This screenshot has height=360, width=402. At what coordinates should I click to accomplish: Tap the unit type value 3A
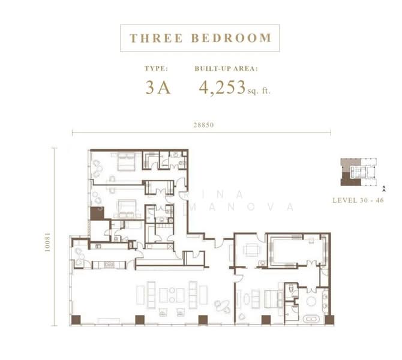pos(158,88)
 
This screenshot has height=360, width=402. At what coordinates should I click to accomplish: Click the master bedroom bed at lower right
pos(274,298)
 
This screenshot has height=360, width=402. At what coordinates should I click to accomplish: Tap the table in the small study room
pos(252,250)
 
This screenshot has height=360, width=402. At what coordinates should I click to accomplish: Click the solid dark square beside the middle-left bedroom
pos(96,213)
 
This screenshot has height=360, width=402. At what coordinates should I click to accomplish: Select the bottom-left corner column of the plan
pos(76,320)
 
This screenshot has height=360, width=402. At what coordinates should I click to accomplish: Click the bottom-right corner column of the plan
pos(329,320)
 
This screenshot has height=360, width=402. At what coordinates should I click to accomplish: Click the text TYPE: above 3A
pos(152,68)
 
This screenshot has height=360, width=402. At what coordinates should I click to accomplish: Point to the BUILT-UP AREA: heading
pos(226,68)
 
